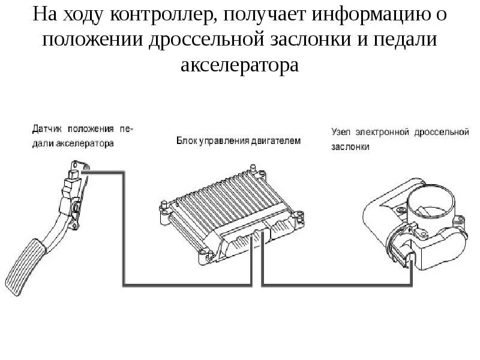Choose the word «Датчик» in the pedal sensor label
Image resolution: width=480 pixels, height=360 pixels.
(x=47, y=128)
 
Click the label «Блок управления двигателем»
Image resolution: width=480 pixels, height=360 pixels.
(x=238, y=141)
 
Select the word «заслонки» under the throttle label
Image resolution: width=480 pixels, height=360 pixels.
(x=350, y=146)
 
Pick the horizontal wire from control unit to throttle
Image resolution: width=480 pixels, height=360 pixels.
(x=336, y=283)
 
